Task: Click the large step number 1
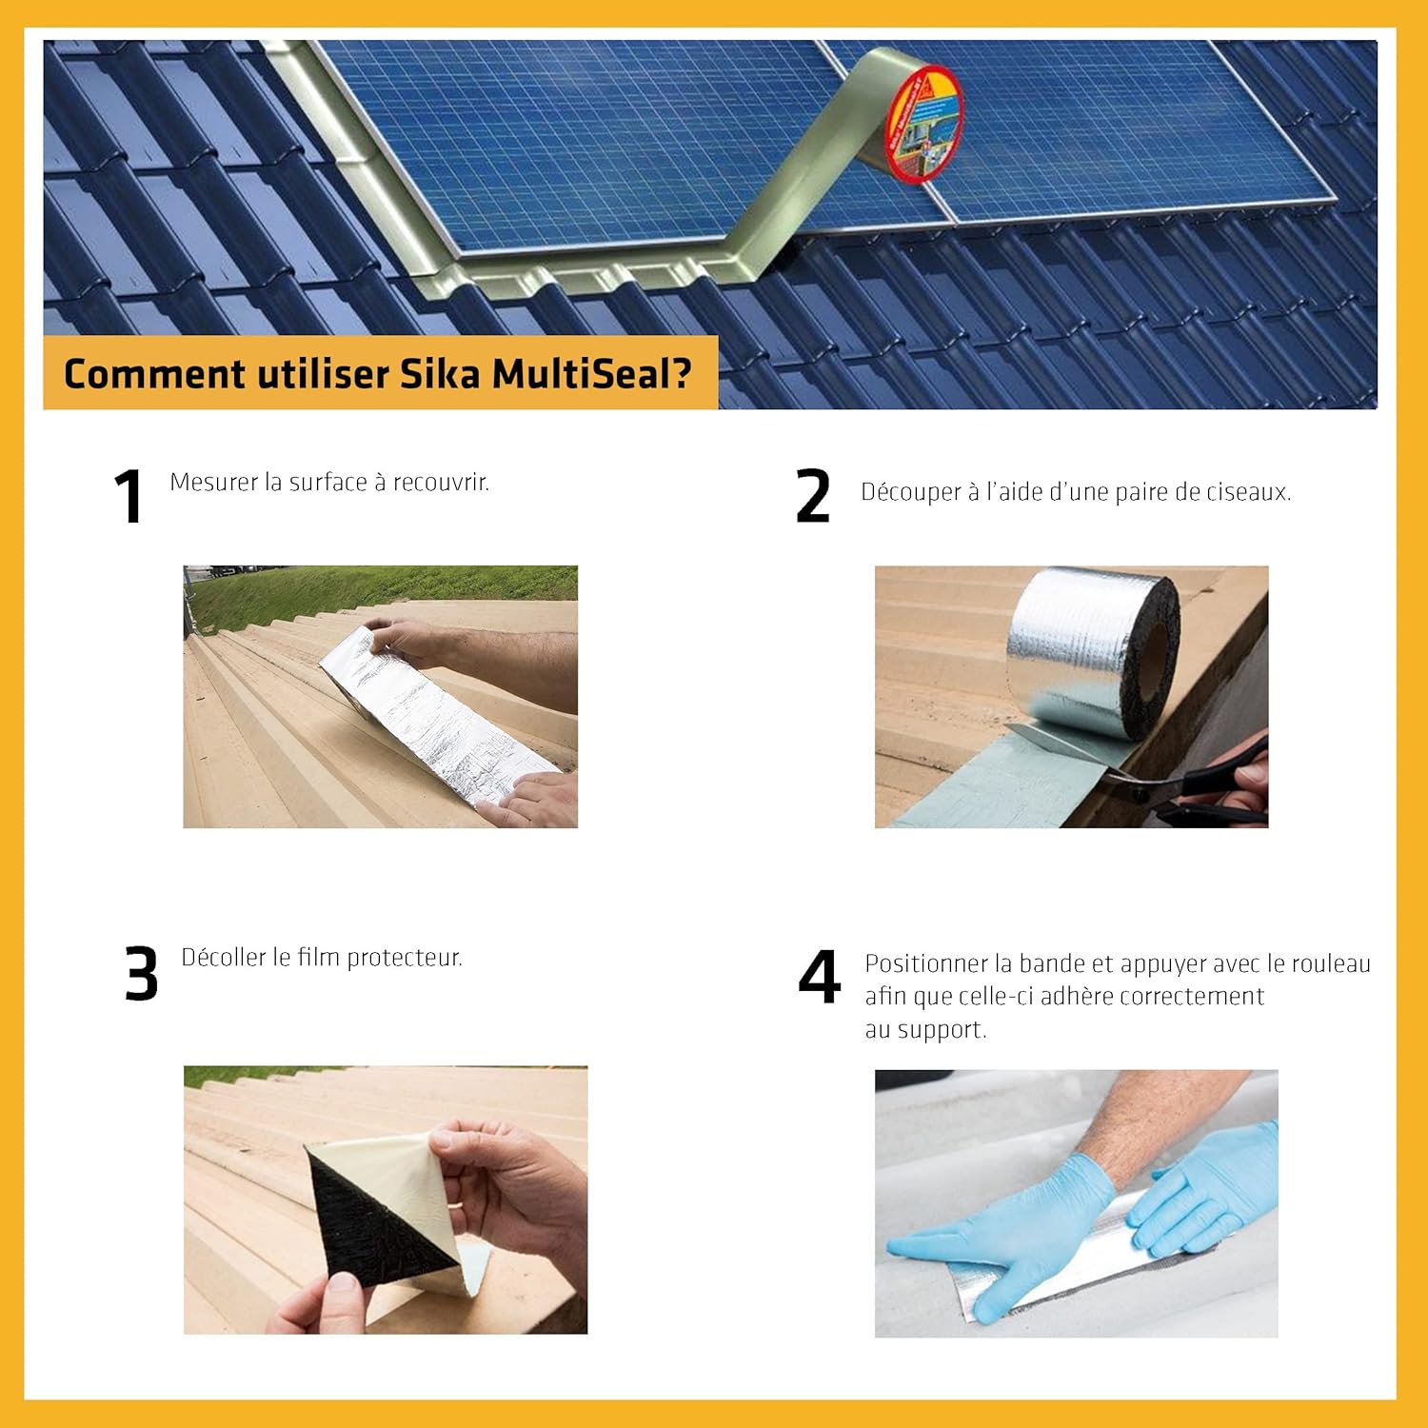click(x=129, y=496)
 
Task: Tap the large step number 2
click(x=813, y=496)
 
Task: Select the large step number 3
click(x=141, y=973)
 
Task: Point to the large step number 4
click(x=819, y=977)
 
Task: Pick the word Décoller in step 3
click(x=223, y=958)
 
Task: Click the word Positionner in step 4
click(x=925, y=964)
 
